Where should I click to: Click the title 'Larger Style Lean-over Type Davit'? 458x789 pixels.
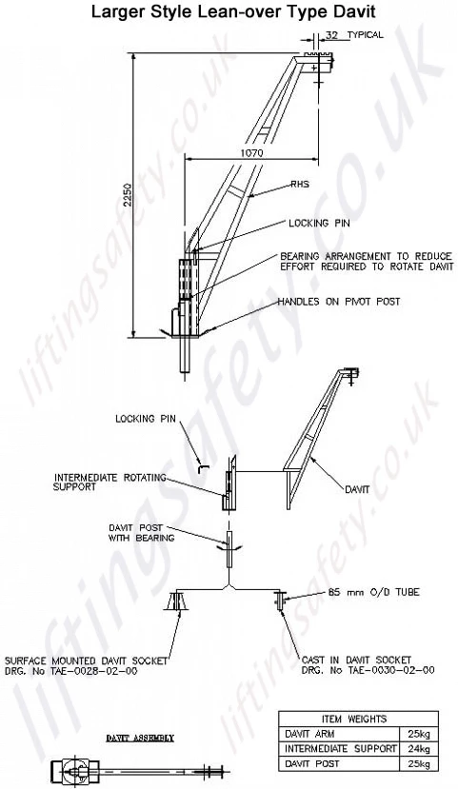click(x=233, y=11)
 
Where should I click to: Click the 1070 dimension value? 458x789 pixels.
click(x=251, y=153)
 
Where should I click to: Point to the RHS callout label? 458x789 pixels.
click(x=299, y=185)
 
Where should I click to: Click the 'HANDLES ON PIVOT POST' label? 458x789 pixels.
click(x=339, y=302)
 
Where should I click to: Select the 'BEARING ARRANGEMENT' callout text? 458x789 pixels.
click(x=367, y=261)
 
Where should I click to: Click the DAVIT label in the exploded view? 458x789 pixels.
click(x=357, y=488)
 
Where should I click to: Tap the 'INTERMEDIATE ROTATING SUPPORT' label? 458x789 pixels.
click(x=110, y=482)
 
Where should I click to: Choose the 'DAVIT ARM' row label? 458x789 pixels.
click(x=309, y=734)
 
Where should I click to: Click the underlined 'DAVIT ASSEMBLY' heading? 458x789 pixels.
click(x=140, y=739)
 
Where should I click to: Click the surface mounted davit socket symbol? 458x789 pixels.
click(x=176, y=602)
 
